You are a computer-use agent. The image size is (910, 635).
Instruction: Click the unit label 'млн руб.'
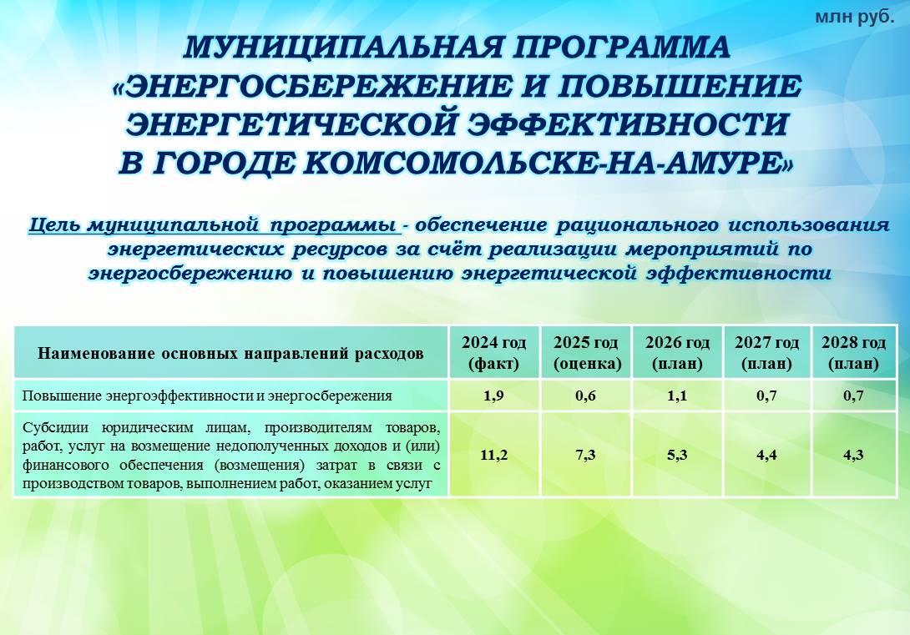[855, 17]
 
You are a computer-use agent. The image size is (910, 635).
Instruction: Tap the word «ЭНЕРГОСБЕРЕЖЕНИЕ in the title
[313, 86]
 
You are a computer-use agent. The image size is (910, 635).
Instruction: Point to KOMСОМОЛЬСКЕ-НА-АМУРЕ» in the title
[549, 164]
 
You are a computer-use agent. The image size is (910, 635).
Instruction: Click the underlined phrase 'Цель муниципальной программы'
[215, 225]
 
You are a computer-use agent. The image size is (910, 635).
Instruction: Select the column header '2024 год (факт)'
[494, 353]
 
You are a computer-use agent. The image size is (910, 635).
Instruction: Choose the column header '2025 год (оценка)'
[587, 353]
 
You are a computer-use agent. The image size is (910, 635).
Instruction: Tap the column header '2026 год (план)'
[677, 353]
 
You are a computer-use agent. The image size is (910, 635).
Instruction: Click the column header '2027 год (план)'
[766, 353]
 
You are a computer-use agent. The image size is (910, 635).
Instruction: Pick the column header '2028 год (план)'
[854, 353]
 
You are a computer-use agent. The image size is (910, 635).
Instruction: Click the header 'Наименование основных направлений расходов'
[230, 353]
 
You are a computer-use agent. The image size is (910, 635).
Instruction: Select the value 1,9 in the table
[494, 396]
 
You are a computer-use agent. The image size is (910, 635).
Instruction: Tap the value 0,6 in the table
[585, 396]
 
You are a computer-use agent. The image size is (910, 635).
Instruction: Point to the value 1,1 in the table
[677, 396]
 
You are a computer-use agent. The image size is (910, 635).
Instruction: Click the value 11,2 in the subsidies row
[494, 456]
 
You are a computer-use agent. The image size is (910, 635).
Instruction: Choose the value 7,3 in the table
[585, 456]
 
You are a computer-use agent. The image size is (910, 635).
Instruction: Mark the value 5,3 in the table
[677, 456]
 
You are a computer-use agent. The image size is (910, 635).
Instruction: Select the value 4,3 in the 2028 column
[854, 456]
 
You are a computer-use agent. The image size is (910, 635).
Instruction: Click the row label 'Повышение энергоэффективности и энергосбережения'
[207, 396]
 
